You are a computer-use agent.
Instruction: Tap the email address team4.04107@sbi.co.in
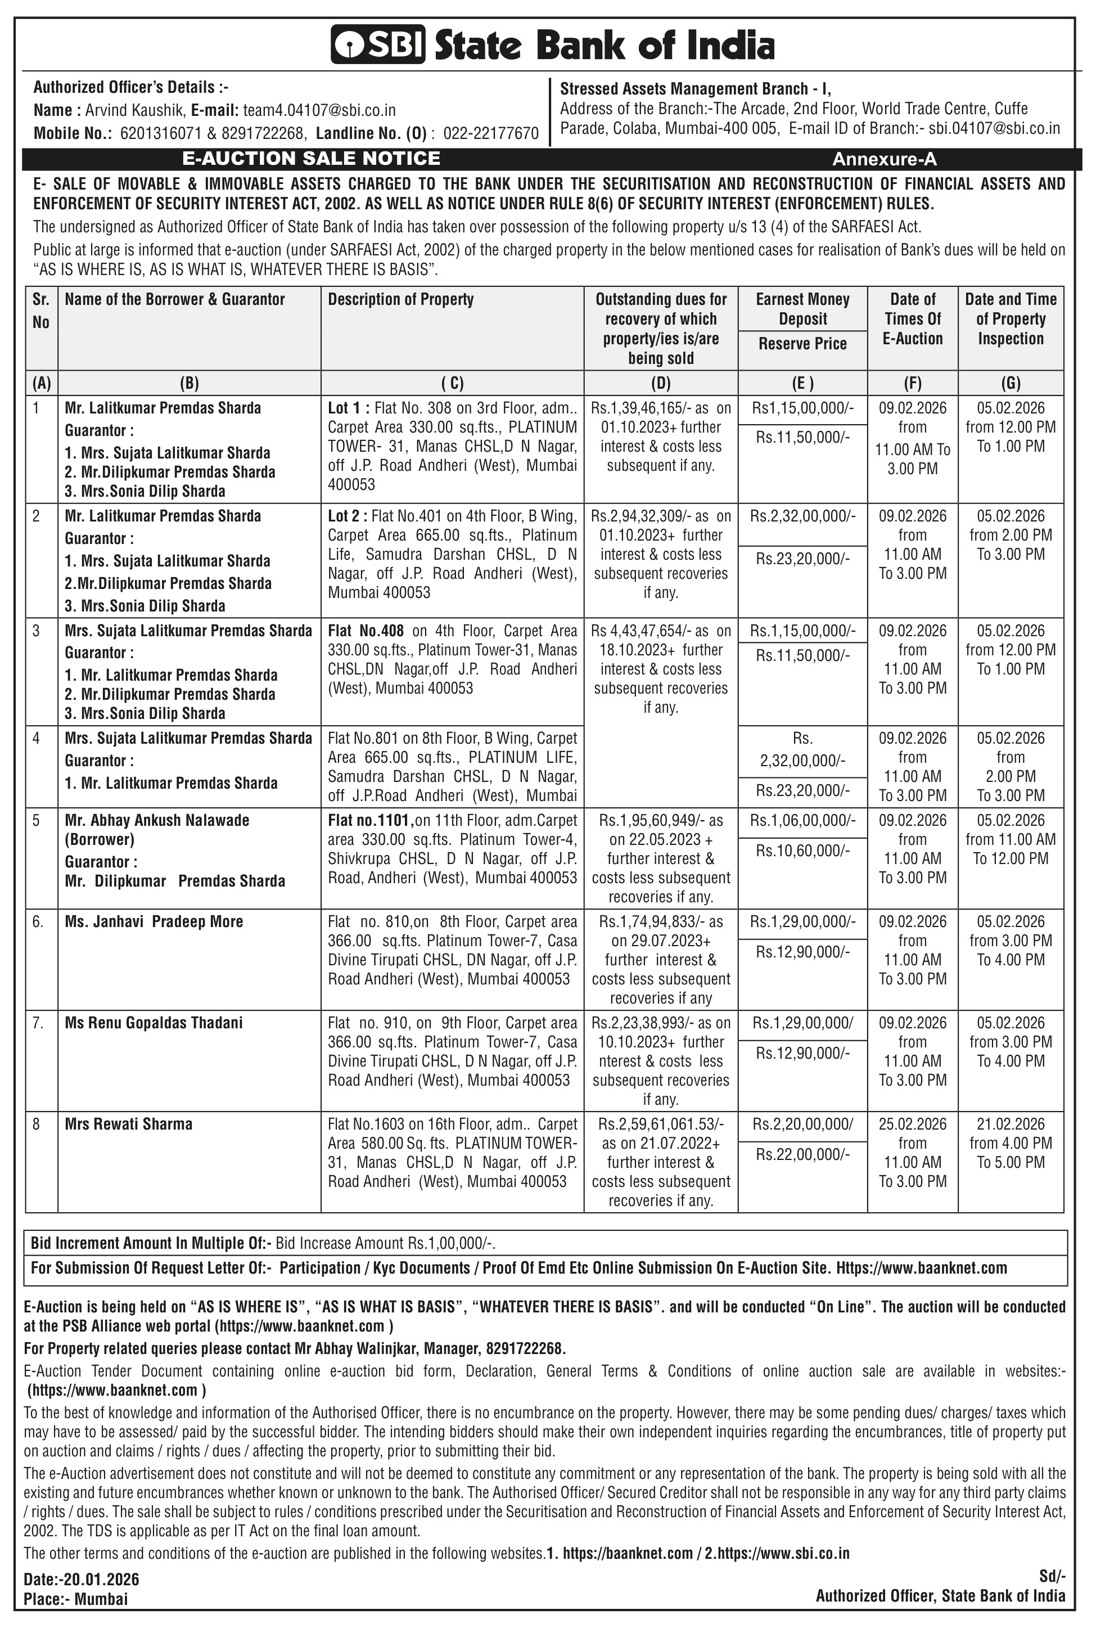(x=319, y=110)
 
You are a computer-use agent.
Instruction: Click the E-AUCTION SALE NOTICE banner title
(x=311, y=159)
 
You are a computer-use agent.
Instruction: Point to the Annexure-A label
(x=883, y=159)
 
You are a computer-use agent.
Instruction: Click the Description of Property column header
(x=400, y=299)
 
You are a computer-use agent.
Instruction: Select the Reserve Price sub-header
(x=802, y=343)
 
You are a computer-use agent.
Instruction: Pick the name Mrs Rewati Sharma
(x=129, y=1124)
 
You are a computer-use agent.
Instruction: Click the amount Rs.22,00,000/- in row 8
(x=802, y=1154)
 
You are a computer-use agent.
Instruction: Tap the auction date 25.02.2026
(x=912, y=1124)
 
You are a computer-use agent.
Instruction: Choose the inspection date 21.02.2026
(x=1010, y=1124)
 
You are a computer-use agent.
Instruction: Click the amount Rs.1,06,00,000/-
(x=802, y=820)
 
